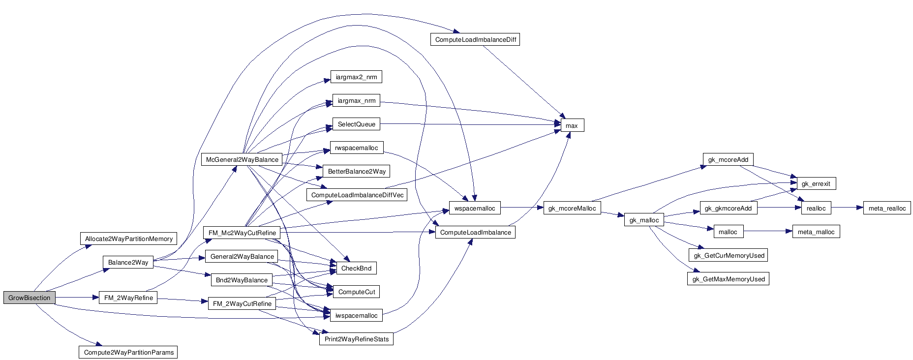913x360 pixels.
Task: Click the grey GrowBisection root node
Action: pos(29,298)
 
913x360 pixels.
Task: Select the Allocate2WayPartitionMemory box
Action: pos(128,239)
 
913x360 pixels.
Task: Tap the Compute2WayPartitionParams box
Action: pos(128,352)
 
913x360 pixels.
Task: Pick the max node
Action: pos(572,125)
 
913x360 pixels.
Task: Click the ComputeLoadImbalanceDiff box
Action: pos(475,39)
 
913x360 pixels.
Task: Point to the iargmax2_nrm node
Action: pos(356,77)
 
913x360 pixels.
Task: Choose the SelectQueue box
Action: pos(356,124)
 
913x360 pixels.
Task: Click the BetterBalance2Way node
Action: pos(357,171)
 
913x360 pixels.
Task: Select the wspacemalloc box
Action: pos(475,208)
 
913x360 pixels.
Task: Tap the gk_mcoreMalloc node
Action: pos(572,208)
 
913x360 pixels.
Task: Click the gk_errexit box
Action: pos(816,183)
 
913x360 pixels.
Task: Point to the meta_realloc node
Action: pos(887,208)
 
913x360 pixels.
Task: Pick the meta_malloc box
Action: pos(816,232)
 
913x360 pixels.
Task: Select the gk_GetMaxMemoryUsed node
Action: pos(729,279)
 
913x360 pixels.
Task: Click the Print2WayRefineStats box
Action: pos(356,339)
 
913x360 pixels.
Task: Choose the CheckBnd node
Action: pos(356,268)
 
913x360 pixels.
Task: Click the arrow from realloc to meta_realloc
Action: pos(847,208)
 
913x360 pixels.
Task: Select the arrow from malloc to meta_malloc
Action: pos(767,231)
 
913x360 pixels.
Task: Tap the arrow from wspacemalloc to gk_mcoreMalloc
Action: pos(521,208)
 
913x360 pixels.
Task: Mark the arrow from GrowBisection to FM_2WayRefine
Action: pos(77,298)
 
